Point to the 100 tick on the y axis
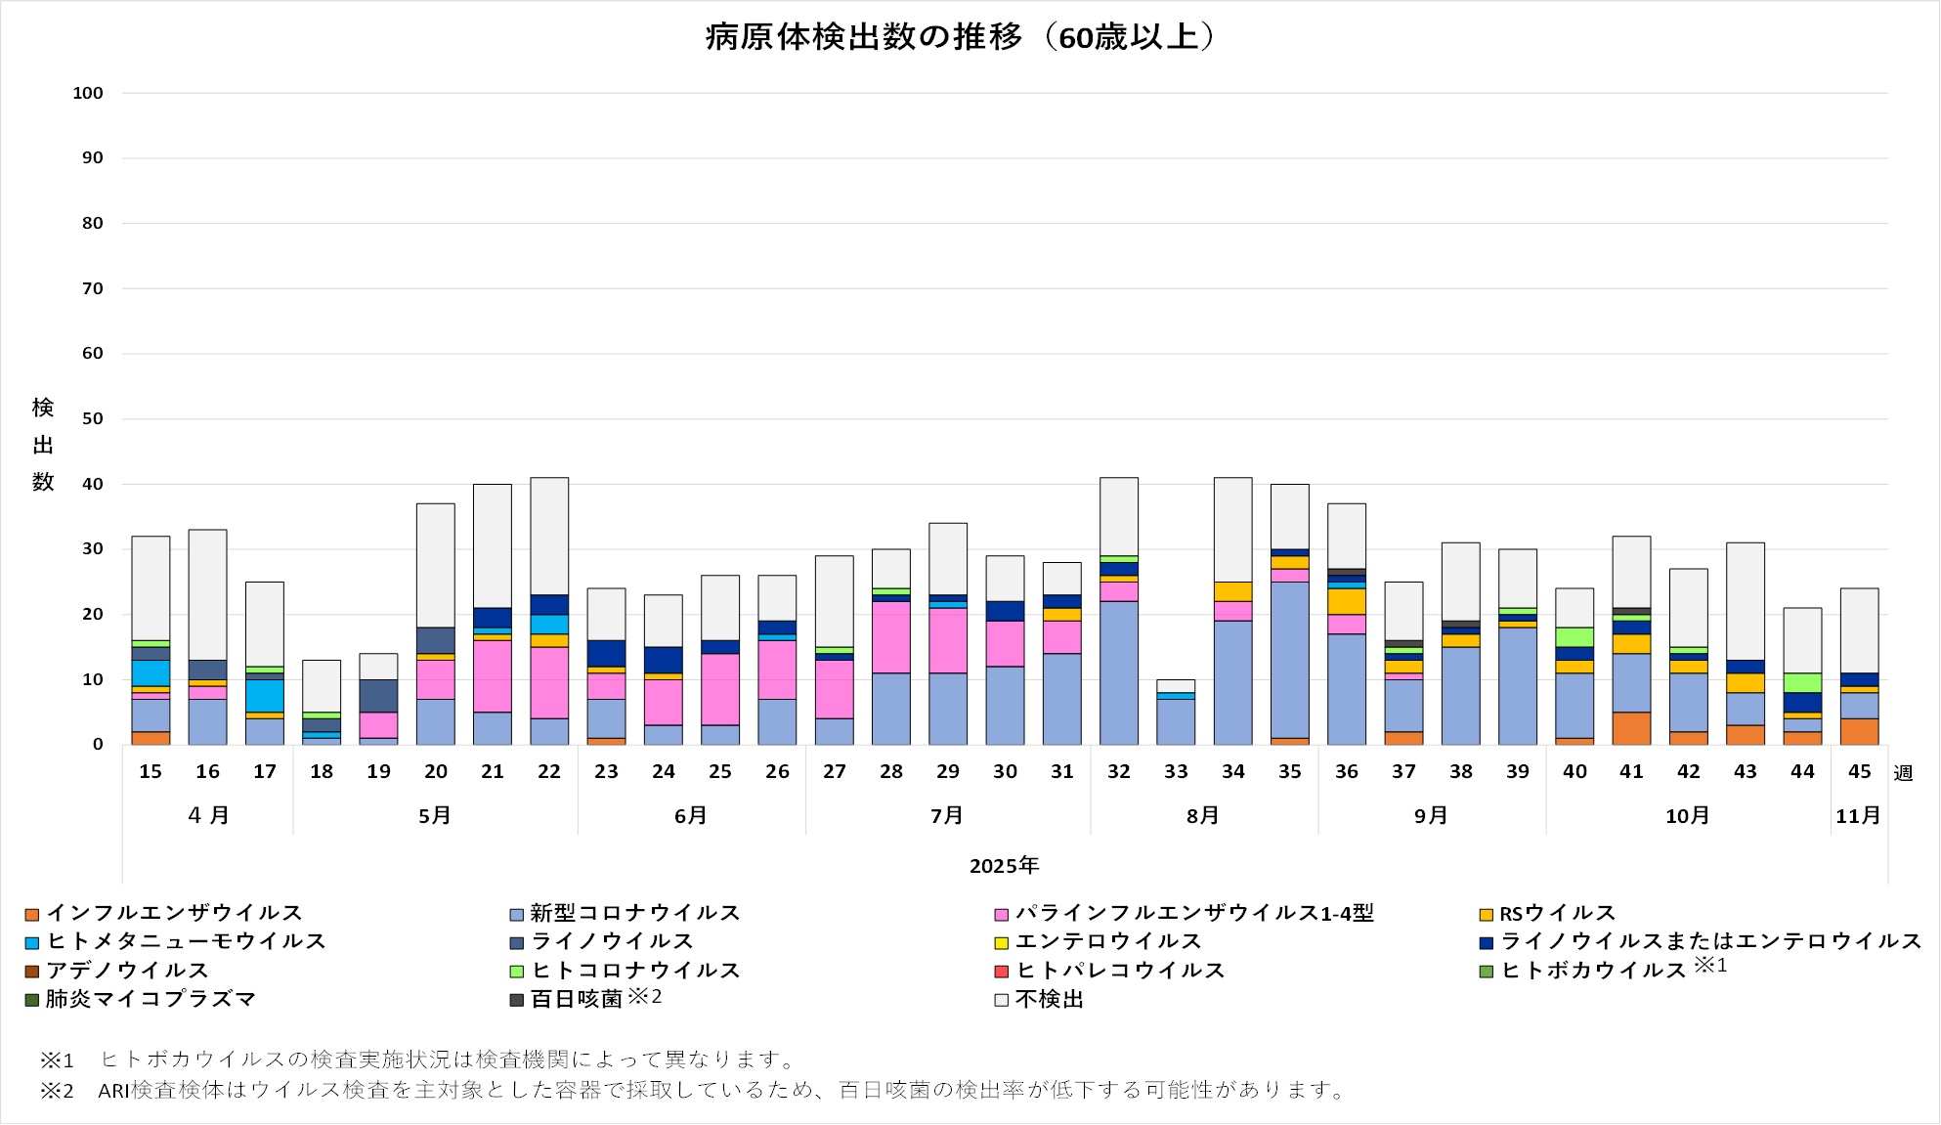click(x=88, y=93)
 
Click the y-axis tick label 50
click(x=92, y=418)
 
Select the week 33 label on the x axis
click(x=1176, y=771)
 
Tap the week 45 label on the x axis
click(x=1859, y=771)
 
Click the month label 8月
click(x=1203, y=815)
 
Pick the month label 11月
click(x=1858, y=815)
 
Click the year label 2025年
click(x=1004, y=865)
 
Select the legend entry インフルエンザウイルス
click(x=174, y=913)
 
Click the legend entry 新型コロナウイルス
click(x=634, y=913)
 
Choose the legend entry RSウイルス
click(x=1557, y=913)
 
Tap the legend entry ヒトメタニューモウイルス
click(x=186, y=941)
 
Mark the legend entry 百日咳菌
click(x=577, y=999)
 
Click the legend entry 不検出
click(x=1049, y=999)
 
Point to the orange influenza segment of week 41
click(x=1631, y=728)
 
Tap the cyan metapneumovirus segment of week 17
click(x=265, y=696)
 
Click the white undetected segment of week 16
click(x=208, y=594)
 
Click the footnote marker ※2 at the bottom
click(x=57, y=1091)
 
